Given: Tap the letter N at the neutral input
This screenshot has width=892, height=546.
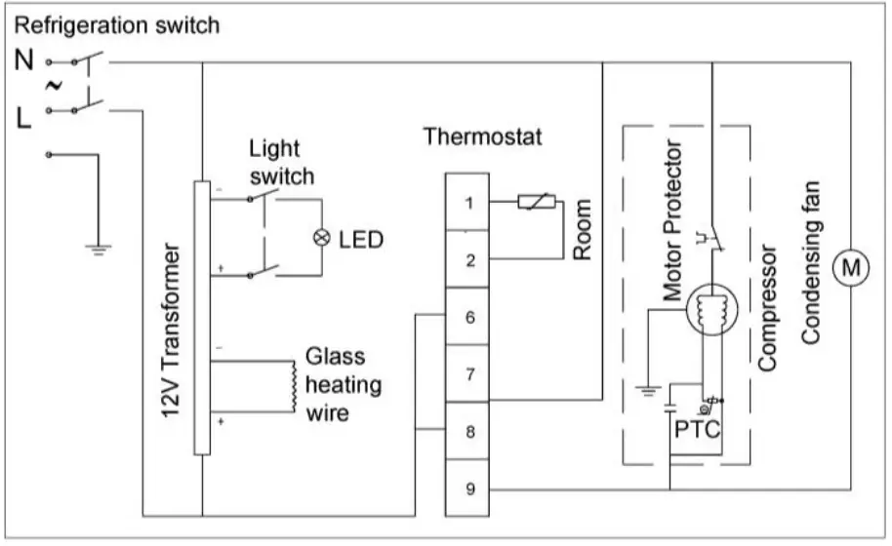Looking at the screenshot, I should (x=24, y=60).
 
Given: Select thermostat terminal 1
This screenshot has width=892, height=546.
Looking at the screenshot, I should (x=469, y=203).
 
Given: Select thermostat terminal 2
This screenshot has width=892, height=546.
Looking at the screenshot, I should (x=469, y=260).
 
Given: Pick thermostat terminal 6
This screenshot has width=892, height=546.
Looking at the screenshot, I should (x=469, y=317).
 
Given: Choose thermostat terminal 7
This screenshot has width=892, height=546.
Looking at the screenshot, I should (x=469, y=373).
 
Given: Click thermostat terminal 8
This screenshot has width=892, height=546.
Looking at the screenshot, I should (x=469, y=431).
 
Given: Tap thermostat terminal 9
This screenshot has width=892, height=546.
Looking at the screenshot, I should (x=469, y=488).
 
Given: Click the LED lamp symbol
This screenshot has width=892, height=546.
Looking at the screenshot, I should (x=318, y=238).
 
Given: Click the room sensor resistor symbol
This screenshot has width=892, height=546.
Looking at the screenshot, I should (x=537, y=204).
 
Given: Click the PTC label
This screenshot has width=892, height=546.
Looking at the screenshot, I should (x=697, y=425).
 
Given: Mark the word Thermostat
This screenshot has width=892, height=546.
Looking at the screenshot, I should (x=482, y=136).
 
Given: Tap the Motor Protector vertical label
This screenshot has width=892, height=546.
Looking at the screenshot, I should (x=671, y=219).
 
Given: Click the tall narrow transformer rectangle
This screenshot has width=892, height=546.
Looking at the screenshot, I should (x=202, y=318).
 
